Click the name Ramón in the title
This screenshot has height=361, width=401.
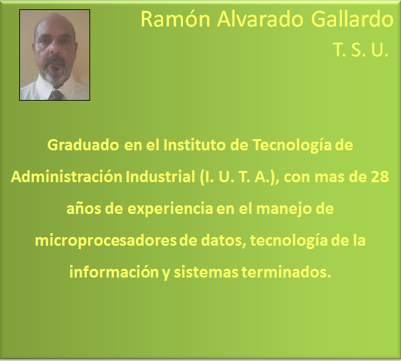click(176, 19)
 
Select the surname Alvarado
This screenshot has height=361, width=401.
click(260, 19)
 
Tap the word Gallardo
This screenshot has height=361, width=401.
click(352, 19)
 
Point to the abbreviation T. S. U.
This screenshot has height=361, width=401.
click(361, 50)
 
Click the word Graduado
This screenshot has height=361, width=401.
click(83, 145)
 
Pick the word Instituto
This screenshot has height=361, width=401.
click(195, 145)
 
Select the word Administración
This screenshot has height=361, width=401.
click(66, 177)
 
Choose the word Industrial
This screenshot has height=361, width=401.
click(160, 177)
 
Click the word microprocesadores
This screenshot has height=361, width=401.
click(105, 241)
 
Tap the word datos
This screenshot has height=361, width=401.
click(223, 241)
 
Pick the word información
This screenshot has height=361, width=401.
click(114, 272)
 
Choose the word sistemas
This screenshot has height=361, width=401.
click(206, 272)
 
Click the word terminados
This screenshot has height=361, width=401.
click(286, 272)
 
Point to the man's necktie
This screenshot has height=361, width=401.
click(56, 95)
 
